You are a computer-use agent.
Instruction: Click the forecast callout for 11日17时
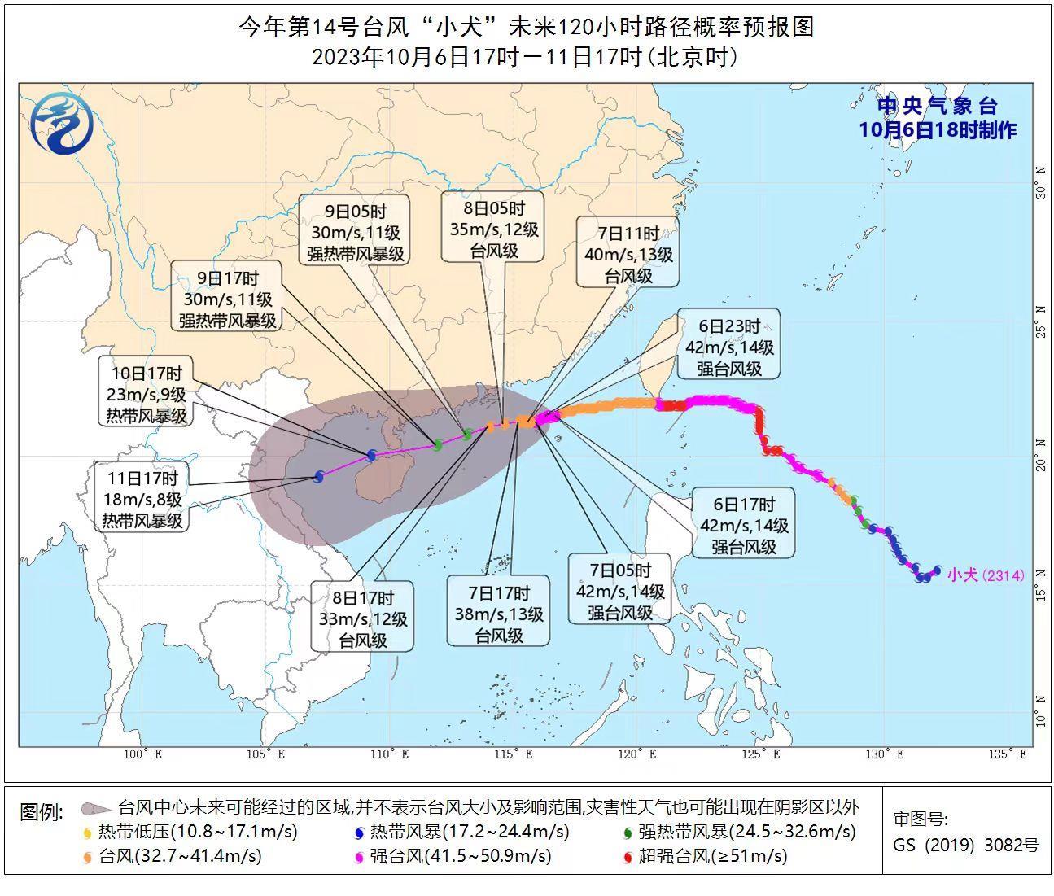tap(142, 498)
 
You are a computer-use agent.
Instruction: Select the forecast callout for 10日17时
tap(147, 394)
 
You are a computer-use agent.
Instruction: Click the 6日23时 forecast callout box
tap(728, 347)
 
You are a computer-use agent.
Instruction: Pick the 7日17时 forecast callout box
tap(498, 614)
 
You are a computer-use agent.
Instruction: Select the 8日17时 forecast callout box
tap(363, 618)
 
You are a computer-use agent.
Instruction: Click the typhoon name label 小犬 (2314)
tap(985, 575)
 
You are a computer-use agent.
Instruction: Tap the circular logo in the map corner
tap(62, 125)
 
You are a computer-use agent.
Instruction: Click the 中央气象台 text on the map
tap(937, 106)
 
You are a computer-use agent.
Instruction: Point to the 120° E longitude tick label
tap(643, 754)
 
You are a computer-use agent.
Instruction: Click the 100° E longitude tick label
tap(142, 754)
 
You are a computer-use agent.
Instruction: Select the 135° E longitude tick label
tap(1008, 754)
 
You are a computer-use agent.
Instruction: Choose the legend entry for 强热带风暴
tap(738, 832)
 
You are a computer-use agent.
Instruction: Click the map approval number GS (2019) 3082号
tap(965, 845)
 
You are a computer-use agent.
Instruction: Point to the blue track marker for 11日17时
tap(318, 477)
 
